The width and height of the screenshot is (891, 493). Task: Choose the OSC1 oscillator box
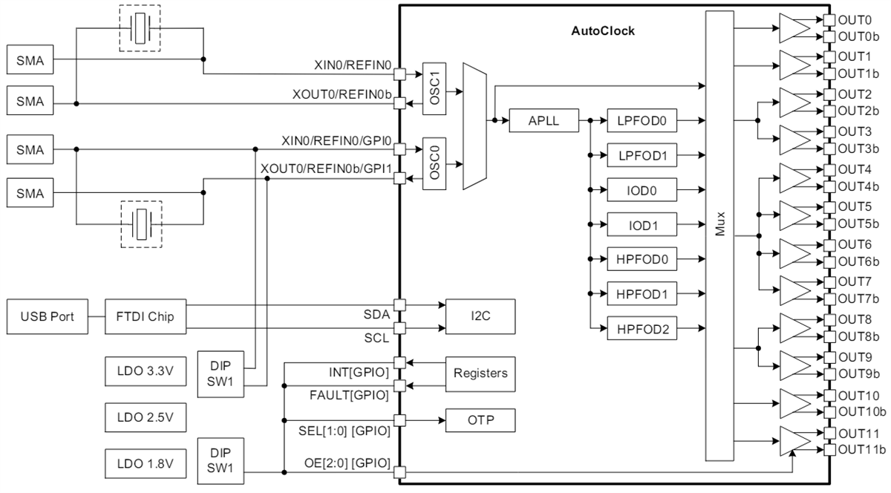tap(435, 88)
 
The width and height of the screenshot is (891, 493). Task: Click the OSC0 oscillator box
tap(435, 163)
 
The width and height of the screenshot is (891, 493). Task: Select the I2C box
tap(480, 316)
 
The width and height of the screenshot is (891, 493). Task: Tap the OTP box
tap(480, 421)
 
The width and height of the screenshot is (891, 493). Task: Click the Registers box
tap(480, 373)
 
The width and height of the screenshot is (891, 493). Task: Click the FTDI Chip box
tap(146, 316)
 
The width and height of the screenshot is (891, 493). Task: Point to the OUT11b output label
tap(861, 450)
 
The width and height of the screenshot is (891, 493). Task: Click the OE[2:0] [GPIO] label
tap(348, 463)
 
